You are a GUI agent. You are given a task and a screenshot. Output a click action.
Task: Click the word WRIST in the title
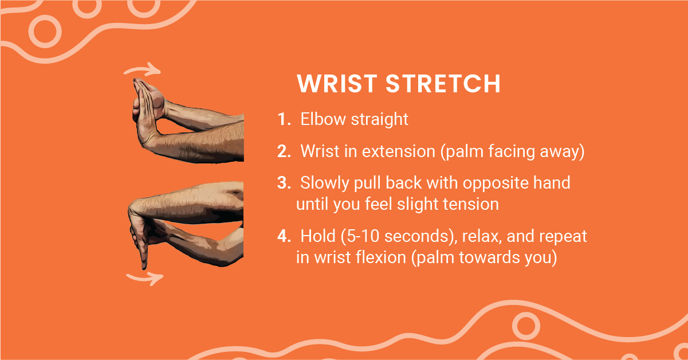click(x=337, y=83)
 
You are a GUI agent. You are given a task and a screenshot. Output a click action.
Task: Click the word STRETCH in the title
click(x=443, y=83)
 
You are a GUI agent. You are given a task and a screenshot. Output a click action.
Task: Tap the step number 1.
click(x=284, y=119)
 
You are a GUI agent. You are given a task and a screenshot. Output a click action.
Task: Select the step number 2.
click(x=284, y=151)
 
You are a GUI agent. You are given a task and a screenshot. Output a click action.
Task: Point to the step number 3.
click(x=284, y=183)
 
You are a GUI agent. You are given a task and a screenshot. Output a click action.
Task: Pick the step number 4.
click(x=284, y=236)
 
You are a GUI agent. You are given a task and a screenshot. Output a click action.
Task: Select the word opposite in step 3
click(x=496, y=183)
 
